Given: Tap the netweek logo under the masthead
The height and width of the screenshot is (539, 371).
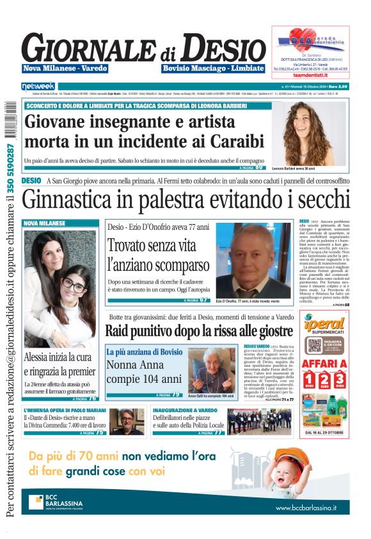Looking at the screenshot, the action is [x=38, y=86].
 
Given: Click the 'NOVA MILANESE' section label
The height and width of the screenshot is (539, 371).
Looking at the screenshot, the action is [x=45, y=223].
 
